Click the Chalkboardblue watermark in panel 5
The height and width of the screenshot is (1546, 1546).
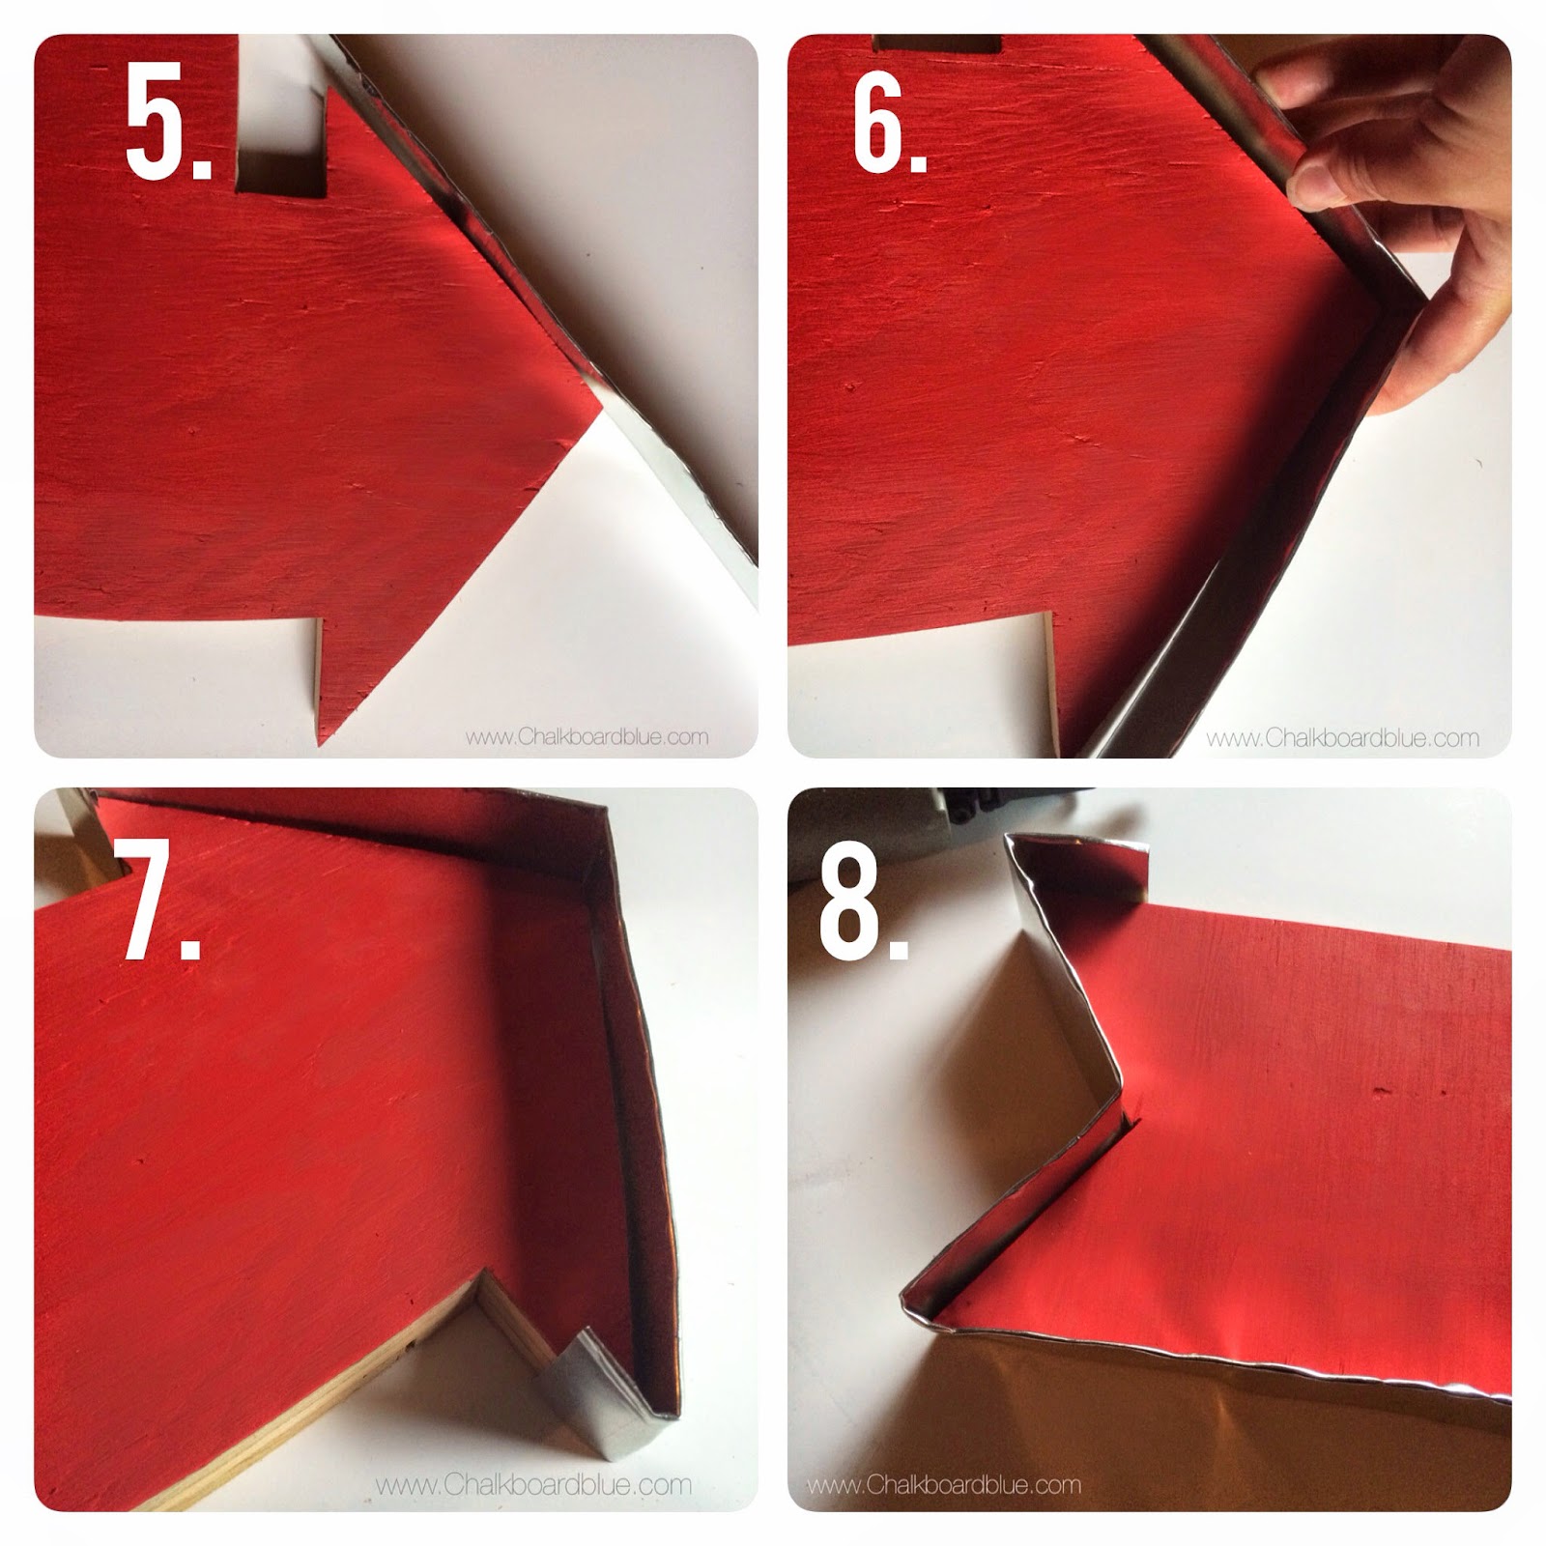tap(587, 737)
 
